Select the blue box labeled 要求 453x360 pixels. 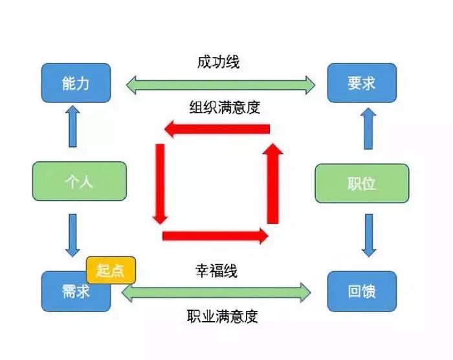coord(361,83)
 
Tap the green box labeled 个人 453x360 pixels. coord(79,181)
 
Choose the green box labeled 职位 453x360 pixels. coord(361,183)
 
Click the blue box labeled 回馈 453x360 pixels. coord(361,292)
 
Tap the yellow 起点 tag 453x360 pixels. coord(111,269)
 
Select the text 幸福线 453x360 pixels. coord(216,271)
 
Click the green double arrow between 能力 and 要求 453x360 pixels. coord(220,84)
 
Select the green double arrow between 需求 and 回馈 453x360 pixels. coord(216,293)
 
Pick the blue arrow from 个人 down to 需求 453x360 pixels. coord(72,235)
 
